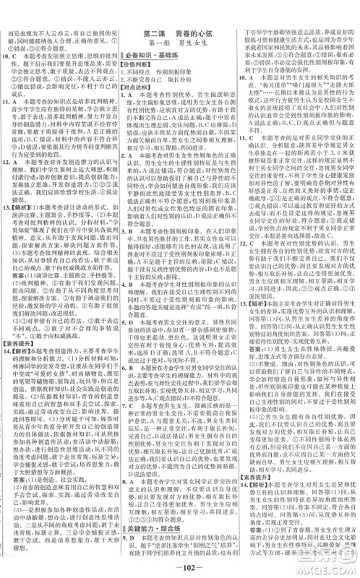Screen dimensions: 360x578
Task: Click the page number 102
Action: pyautogui.click(x=179, y=562)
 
